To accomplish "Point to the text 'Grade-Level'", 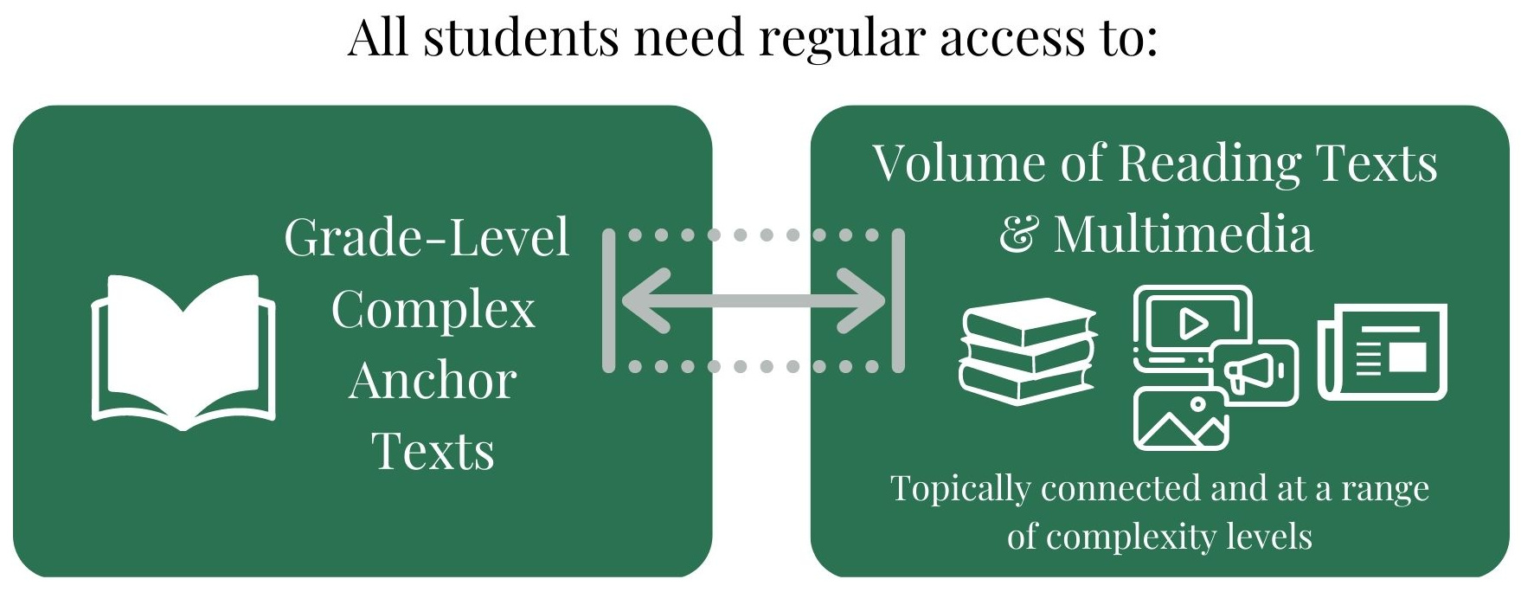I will pos(427,238).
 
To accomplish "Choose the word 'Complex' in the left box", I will pos(433,310).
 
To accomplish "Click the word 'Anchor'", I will pos(433,381).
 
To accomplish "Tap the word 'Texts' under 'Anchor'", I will pos(433,452).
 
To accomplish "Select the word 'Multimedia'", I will pos(1183,235).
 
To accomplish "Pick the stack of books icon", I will pos(1027,351).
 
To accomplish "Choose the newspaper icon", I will pos(1382,352).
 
